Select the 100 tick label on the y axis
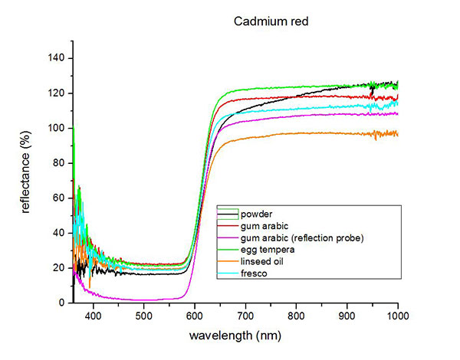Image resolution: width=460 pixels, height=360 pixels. tap(58, 128)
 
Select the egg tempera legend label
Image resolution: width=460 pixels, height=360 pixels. tap(265, 250)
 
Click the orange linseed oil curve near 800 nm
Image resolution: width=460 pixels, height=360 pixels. tap(297, 134)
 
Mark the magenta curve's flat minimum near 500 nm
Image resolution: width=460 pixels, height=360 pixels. tap(144, 299)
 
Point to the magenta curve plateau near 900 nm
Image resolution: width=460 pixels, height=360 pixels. tap(347, 114)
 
